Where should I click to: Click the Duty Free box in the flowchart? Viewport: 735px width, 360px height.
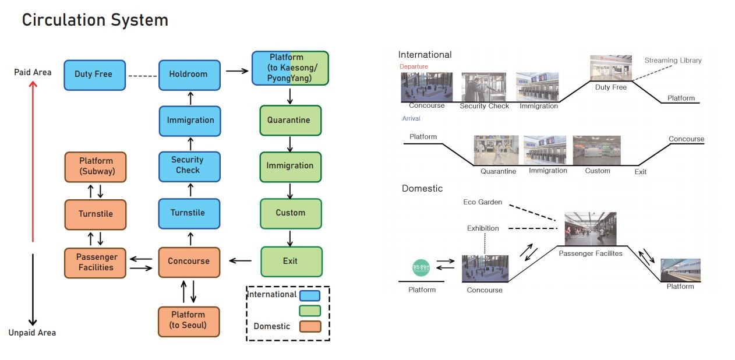(x=94, y=75)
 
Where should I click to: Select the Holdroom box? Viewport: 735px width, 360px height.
(x=189, y=75)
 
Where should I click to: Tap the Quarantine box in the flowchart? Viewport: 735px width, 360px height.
(x=290, y=120)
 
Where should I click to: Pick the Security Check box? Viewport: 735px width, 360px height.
(x=189, y=165)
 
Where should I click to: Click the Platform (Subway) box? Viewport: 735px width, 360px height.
(x=95, y=166)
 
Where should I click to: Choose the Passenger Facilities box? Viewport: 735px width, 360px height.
(x=95, y=263)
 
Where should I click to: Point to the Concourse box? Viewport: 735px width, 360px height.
(x=189, y=262)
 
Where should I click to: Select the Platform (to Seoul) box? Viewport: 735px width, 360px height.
(x=189, y=321)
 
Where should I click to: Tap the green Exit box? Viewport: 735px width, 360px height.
(x=291, y=261)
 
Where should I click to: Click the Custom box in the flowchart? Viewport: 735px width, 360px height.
(x=290, y=213)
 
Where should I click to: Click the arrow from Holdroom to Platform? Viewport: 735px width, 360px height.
(x=236, y=71)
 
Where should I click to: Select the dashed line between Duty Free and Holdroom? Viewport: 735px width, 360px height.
(x=143, y=75)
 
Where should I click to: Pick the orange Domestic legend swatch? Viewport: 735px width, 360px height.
(x=310, y=326)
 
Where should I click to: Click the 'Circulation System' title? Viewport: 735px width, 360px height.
(x=95, y=20)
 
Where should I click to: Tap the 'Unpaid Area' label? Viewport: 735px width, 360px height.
(x=32, y=333)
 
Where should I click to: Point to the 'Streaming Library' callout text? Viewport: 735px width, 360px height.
(x=673, y=61)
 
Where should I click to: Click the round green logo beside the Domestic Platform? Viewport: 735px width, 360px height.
(x=420, y=267)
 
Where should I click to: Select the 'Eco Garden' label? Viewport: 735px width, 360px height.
(x=482, y=202)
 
